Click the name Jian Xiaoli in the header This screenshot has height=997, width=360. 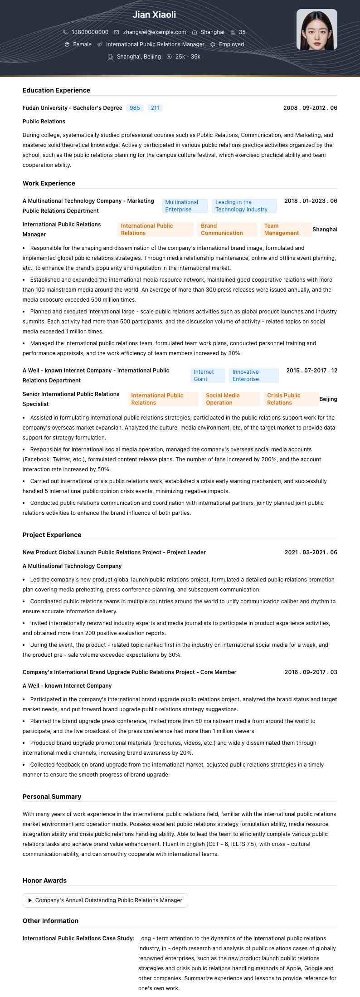pos(154,15)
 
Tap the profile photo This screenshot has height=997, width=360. pos(316,29)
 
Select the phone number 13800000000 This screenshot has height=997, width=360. pos(90,32)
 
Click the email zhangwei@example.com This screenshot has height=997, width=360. pos(154,32)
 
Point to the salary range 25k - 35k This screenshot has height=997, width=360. pos(188,57)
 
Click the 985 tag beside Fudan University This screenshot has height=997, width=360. pos(135,108)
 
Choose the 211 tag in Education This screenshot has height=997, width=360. pos(155,108)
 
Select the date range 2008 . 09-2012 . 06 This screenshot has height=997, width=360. pos(310,108)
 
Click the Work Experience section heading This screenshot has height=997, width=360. pos(49,183)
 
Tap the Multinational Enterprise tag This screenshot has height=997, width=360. pos(185,206)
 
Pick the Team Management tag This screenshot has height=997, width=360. pos(286,230)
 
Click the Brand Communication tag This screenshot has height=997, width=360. pos(227,230)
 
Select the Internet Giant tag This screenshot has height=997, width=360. pos(207,376)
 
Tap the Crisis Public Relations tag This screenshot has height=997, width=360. pos(290,399)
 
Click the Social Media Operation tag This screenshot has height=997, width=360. pos(230,399)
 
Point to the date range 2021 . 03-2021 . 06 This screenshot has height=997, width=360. pos(311,552)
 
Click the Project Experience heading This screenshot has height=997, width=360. pos(52,535)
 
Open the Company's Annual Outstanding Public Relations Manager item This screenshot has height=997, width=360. pos(105,900)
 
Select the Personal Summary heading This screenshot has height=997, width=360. pos(52,797)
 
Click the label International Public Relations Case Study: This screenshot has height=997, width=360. pos(78,938)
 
